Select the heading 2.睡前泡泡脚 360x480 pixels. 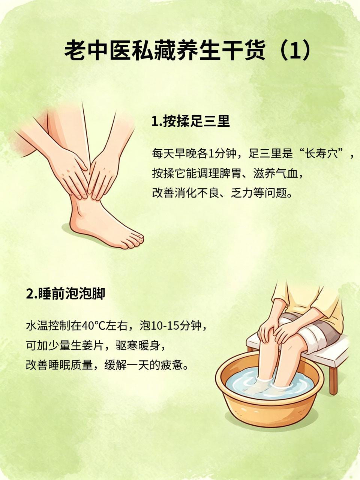[x=66, y=293]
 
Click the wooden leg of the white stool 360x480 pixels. [x=333, y=379]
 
